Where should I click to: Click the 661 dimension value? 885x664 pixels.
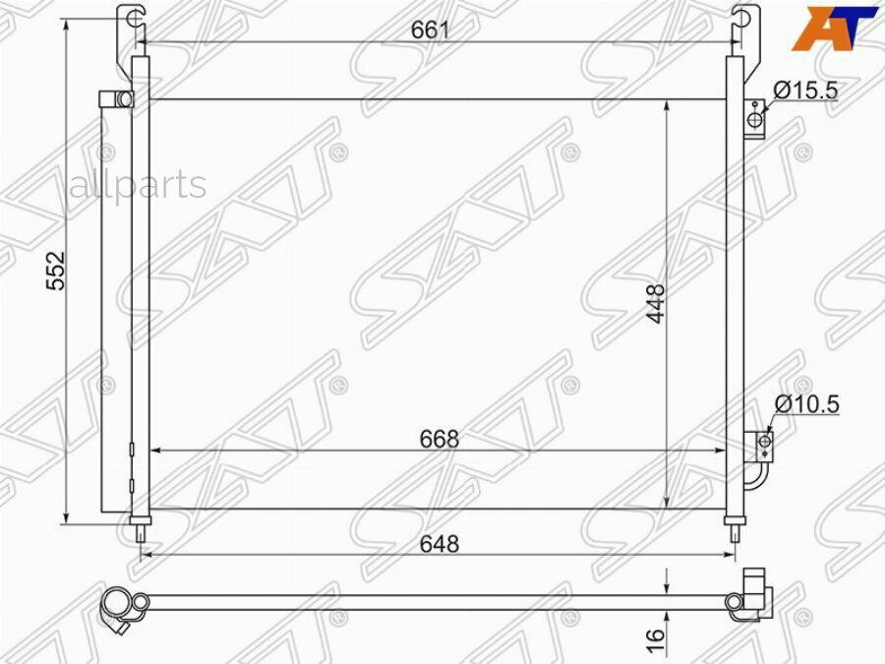430,30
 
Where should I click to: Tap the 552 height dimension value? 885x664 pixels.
56,271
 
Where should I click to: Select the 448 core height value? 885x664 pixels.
656,303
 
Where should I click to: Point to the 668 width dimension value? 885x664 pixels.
440,439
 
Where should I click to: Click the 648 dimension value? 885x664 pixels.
440,544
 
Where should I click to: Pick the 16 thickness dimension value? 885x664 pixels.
655,642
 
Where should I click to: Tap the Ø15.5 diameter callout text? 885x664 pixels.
805,90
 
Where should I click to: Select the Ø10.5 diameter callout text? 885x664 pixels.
806,404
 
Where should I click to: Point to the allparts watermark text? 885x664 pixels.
139,184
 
